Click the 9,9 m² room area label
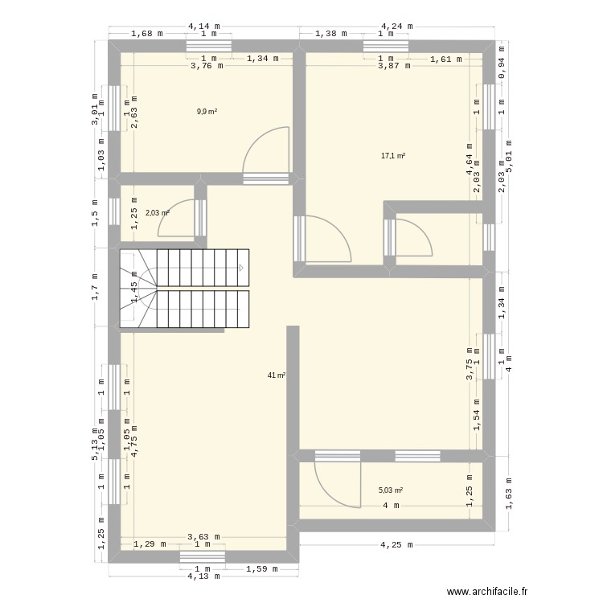coord(207,112)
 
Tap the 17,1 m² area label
coord(393,156)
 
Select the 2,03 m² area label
coord(158,213)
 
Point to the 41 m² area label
coord(277,375)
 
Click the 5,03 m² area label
coord(391,490)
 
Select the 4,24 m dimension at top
coord(396,26)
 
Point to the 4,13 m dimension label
coord(203,576)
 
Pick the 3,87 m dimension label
coord(394,67)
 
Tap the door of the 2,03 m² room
coord(177,219)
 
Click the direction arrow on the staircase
coord(240,269)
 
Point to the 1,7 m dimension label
coord(95,287)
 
